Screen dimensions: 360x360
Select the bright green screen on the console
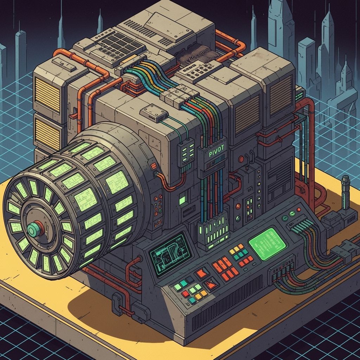pyautogui.click(x=267, y=244)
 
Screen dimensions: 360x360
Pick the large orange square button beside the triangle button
pyautogui.click(x=202, y=273)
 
